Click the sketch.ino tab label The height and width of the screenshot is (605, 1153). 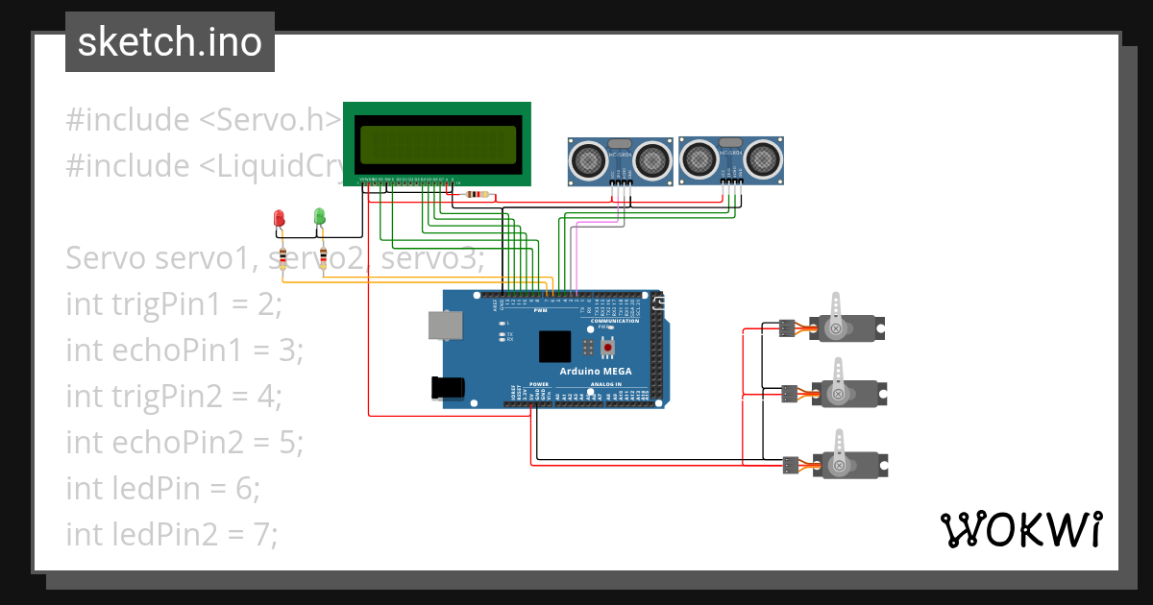click(x=169, y=42)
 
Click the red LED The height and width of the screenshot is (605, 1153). click(x=280, y=218)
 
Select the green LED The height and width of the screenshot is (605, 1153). click(x=319, y=217)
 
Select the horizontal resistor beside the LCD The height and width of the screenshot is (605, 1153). click(x=476, y=195)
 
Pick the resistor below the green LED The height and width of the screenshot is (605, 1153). click(x=323, y=257)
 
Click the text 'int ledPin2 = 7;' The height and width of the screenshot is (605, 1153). click(x=172, y=534)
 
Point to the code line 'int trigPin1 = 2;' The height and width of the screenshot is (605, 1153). click(x=174, y=304)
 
